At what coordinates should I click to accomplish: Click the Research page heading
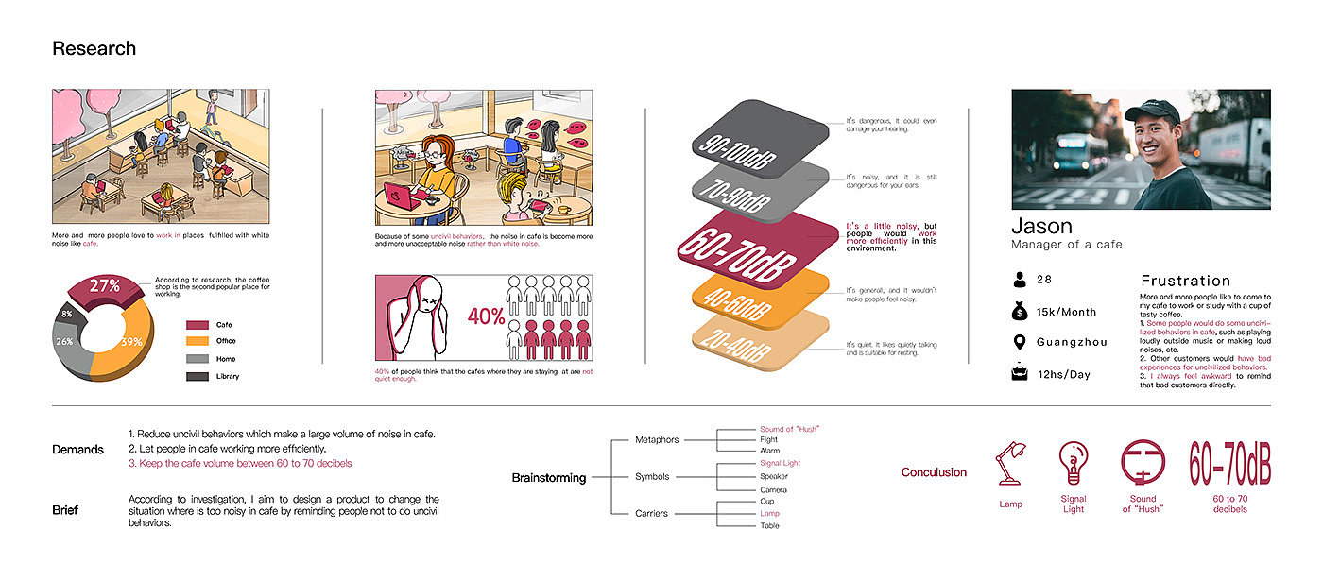[x=94, y=49]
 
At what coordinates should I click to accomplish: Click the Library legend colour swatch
[x=198, y=377]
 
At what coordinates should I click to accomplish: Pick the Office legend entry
[x=225, y=341]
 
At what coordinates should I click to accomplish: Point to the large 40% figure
[x=487, y=317]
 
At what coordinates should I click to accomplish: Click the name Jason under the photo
[x=1041, y=226]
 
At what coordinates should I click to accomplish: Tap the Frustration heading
[x=1185, y=281]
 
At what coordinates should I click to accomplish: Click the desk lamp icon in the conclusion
[x=1010, y=465]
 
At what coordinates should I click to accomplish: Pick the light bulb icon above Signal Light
[x=1073, y=464]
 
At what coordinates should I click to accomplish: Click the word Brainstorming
[x=548, y=478]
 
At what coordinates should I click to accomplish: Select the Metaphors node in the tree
[x=657, y=439]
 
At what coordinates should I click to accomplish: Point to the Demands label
[x=77, y=450]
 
